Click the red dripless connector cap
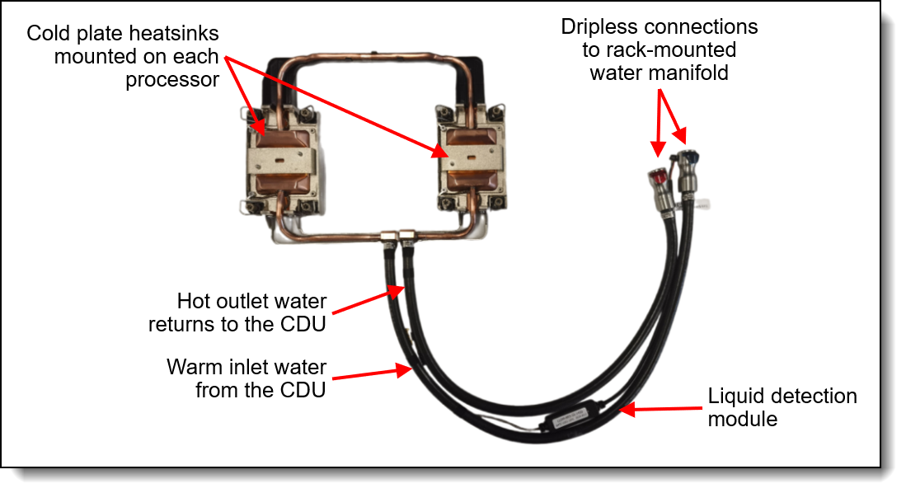click(657, 176)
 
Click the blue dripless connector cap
click(688, 157)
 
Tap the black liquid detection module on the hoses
click(570, 416)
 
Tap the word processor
click(172, 80)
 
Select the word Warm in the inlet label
click(195, 367)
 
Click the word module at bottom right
click(743, 419)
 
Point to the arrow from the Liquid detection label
click(660, 409)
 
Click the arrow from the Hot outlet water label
click(369, 300)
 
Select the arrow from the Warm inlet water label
click(372, 373)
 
